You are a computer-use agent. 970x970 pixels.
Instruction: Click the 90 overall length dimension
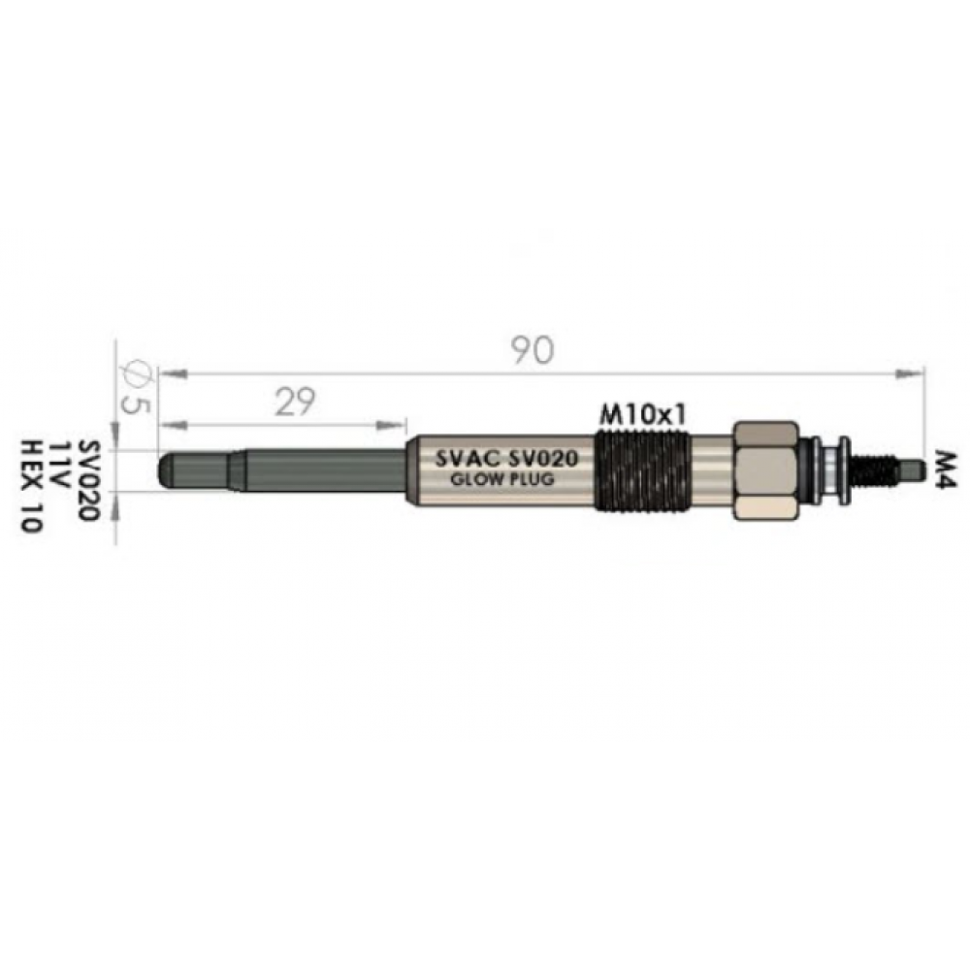[532, 350]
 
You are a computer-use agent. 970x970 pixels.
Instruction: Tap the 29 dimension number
[295, 402]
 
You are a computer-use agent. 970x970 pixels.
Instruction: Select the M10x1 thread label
[643, 415]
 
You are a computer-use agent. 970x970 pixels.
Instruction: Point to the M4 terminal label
[945, 470]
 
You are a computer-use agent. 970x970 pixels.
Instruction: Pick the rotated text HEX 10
[30, 486]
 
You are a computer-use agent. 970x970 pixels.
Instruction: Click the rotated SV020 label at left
[89, 481]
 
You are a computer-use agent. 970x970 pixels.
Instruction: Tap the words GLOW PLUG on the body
[502, 479]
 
